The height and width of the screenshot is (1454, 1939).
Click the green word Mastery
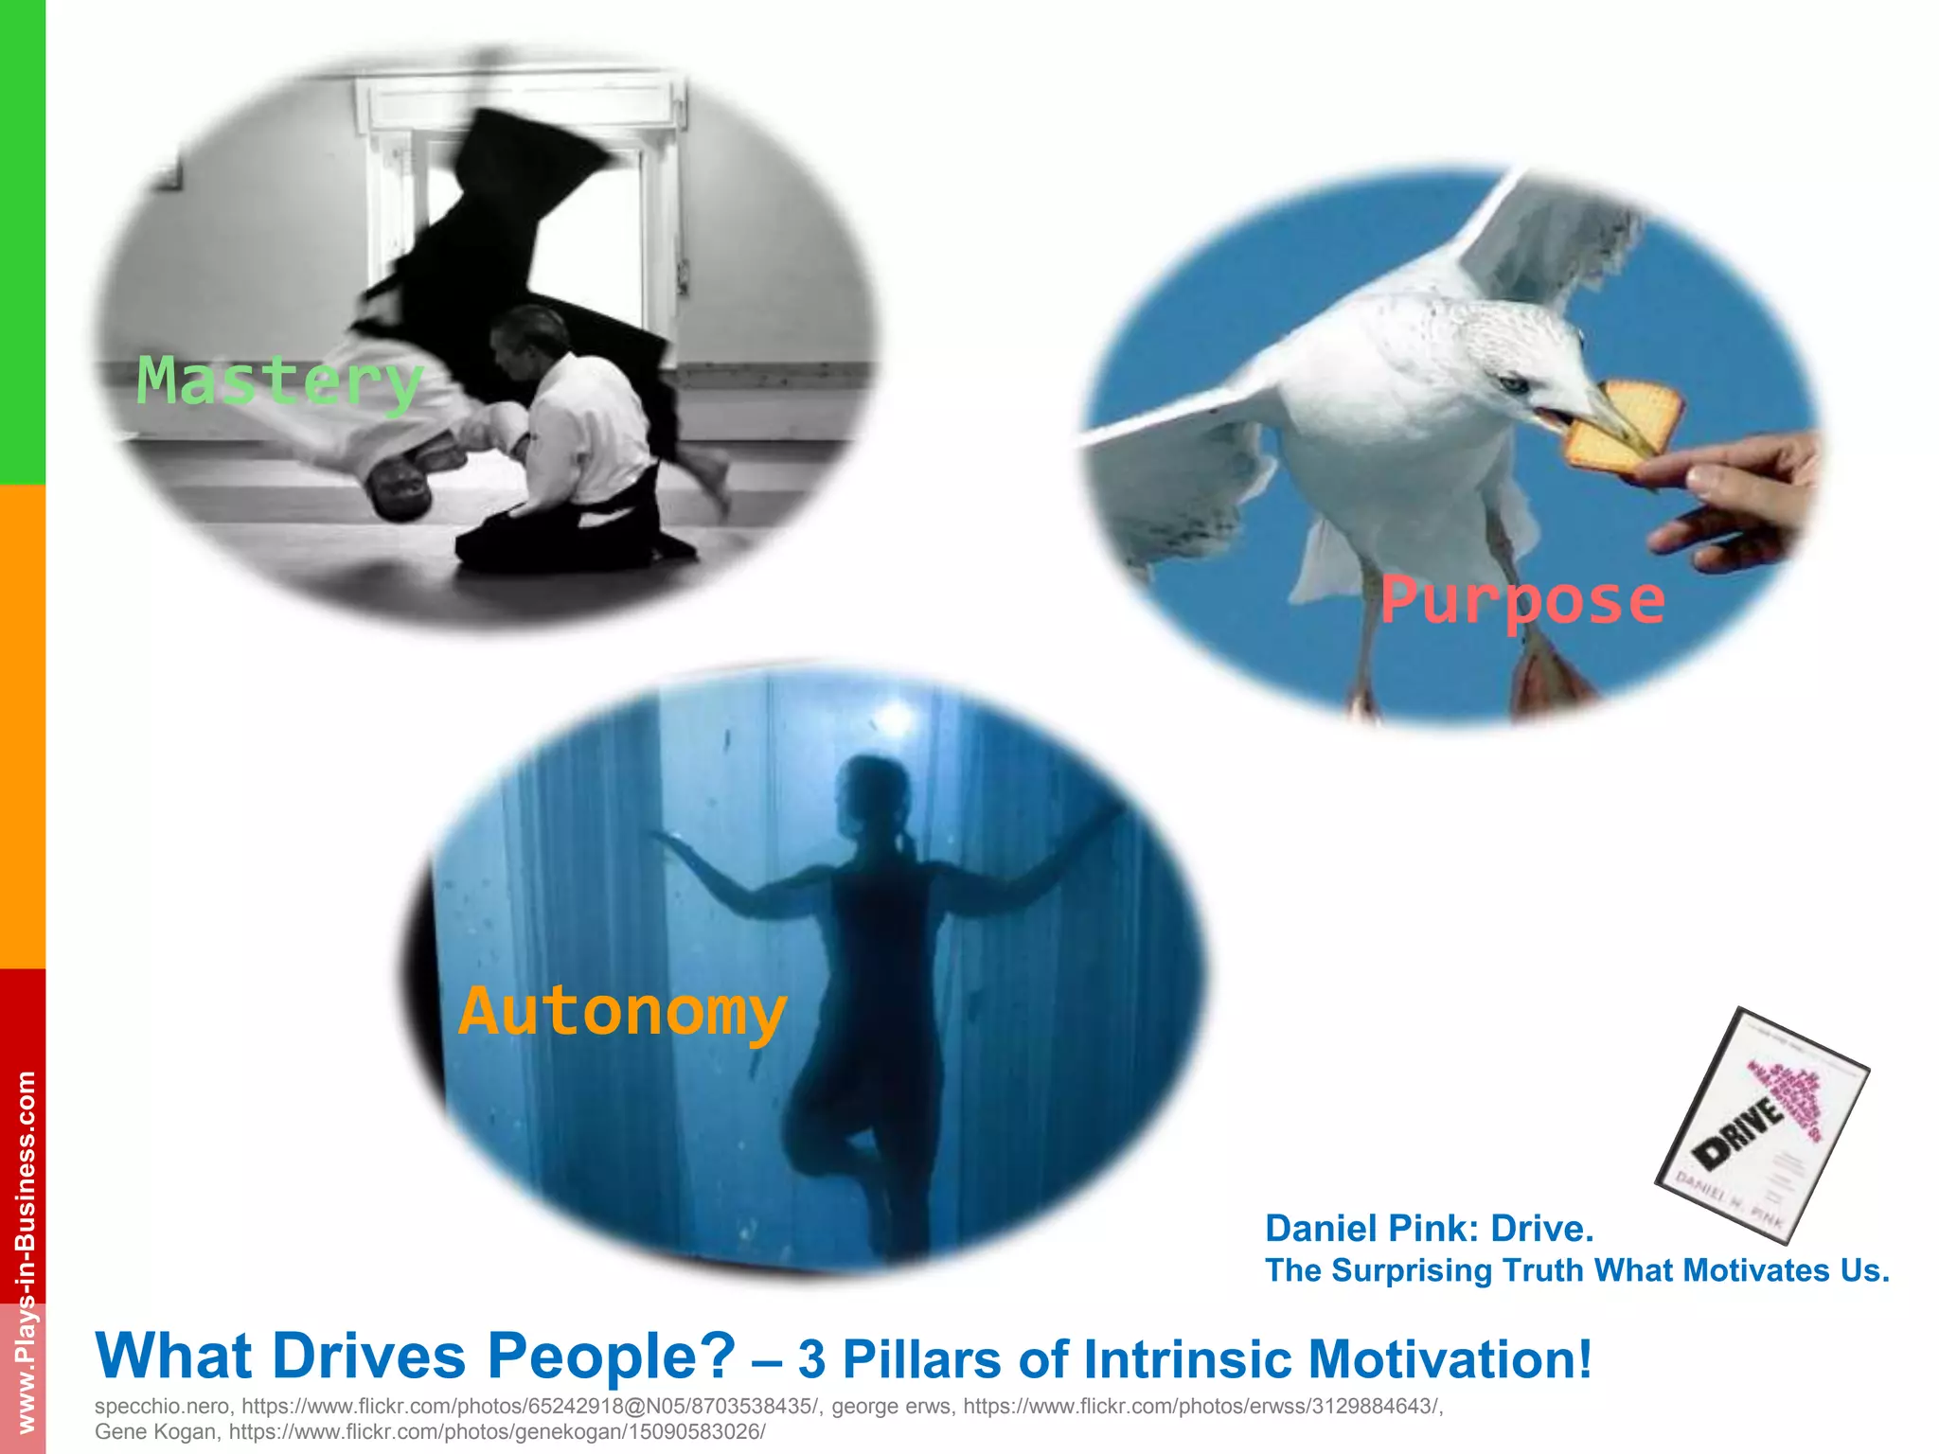[279, 381]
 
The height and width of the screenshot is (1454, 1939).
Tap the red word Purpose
[1521, 601]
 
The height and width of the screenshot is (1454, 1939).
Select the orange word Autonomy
[622, 1012]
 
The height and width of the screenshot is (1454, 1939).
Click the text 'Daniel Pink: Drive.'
[1429, 1229]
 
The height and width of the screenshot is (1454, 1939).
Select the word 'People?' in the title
[611, 1356]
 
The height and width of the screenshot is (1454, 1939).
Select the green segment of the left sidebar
[22, 241]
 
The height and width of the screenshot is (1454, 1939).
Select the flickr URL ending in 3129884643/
[1202, 1406]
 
